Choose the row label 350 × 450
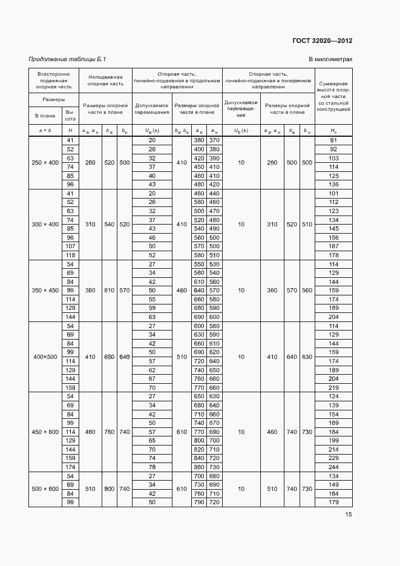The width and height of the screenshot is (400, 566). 45,291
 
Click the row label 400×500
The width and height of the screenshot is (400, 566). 45,357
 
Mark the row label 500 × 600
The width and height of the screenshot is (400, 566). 45,489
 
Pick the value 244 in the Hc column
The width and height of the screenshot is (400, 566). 333,467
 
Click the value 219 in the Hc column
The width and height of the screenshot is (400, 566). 333,387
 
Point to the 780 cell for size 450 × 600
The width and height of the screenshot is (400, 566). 110,432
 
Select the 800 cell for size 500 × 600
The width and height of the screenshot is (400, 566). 110,489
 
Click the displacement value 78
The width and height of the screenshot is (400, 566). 152,467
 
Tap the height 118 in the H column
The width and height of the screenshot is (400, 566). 70,255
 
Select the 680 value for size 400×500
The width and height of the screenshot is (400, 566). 110,357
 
